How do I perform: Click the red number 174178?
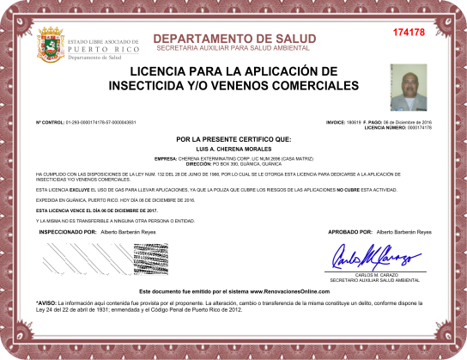pos(408,33)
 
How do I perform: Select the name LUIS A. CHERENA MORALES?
pos(233,149)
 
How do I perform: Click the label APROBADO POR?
pos(350,232)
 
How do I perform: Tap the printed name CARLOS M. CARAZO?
pos(376,275)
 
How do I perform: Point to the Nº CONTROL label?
pos(50,123)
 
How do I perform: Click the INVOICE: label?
pos(335,123)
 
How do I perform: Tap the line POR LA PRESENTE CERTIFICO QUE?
pos(233,138)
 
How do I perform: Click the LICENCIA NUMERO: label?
pos(385,127)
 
